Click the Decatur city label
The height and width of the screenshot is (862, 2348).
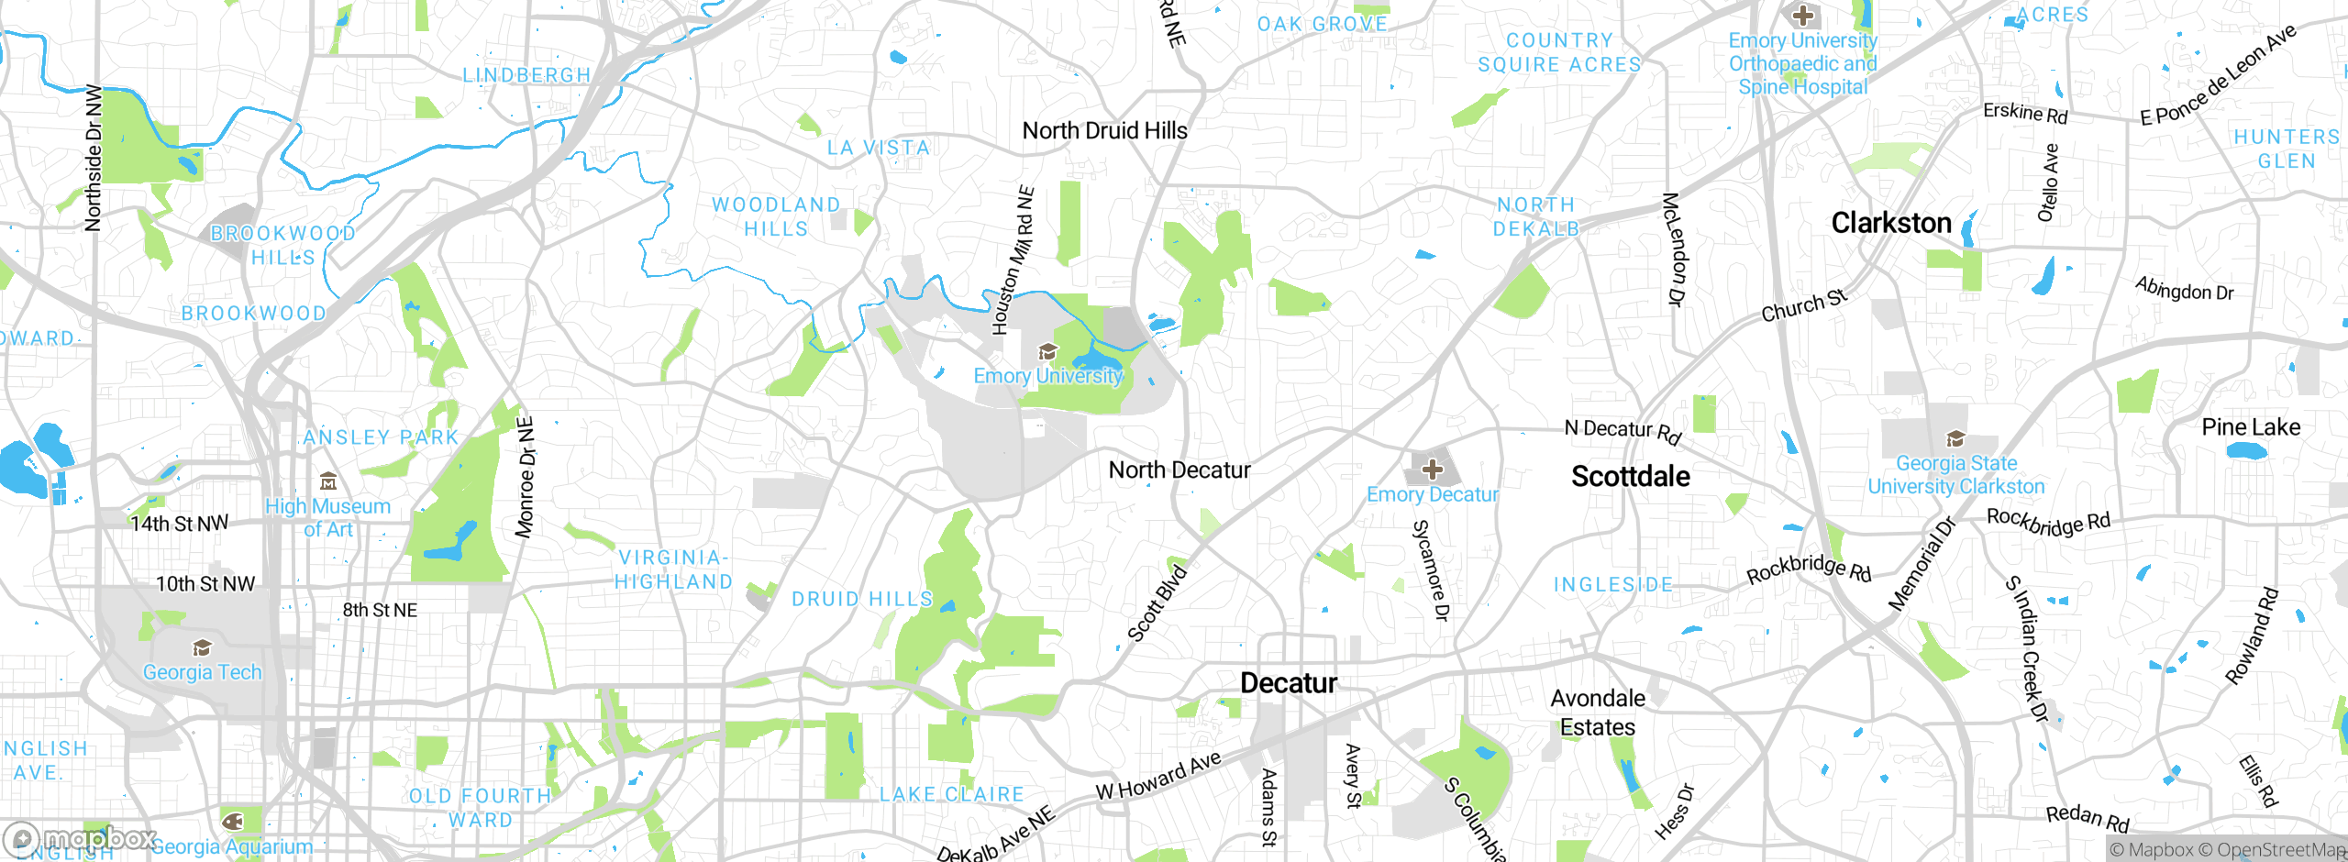tap(1288, 683)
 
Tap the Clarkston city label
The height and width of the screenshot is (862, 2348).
tap(1890, 223)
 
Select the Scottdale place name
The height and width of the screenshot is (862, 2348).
tap(1630, 477)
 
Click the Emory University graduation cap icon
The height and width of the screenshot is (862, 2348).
tap(1047, 352)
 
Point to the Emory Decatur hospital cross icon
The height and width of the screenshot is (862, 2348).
tap(1432, 470)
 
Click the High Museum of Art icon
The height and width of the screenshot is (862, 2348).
tap(328, 482)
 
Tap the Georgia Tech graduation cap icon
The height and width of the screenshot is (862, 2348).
tap(202, 649)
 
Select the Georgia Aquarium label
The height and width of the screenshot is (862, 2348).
tap(232, 846)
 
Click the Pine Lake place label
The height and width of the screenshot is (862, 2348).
tap(2251, 427)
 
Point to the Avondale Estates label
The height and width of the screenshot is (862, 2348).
tap(1598, 713)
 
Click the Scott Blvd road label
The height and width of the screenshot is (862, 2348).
tap(1157, 604)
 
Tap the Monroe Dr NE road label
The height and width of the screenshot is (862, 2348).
tap(526, 478)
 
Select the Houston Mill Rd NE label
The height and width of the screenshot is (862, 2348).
tap(1013, 260)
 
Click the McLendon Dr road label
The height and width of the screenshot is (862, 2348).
tap(1675, 249)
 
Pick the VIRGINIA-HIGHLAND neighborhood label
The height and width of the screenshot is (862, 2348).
tap(673, 569)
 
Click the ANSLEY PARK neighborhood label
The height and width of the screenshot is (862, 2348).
tap(381, 437)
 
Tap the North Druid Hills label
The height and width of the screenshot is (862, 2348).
tap(1104, 131)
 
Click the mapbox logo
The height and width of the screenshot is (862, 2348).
tap(81, 838)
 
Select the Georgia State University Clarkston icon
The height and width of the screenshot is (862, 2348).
tap(1955, 439)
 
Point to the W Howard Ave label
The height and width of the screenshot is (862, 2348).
tap(1158, 776)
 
